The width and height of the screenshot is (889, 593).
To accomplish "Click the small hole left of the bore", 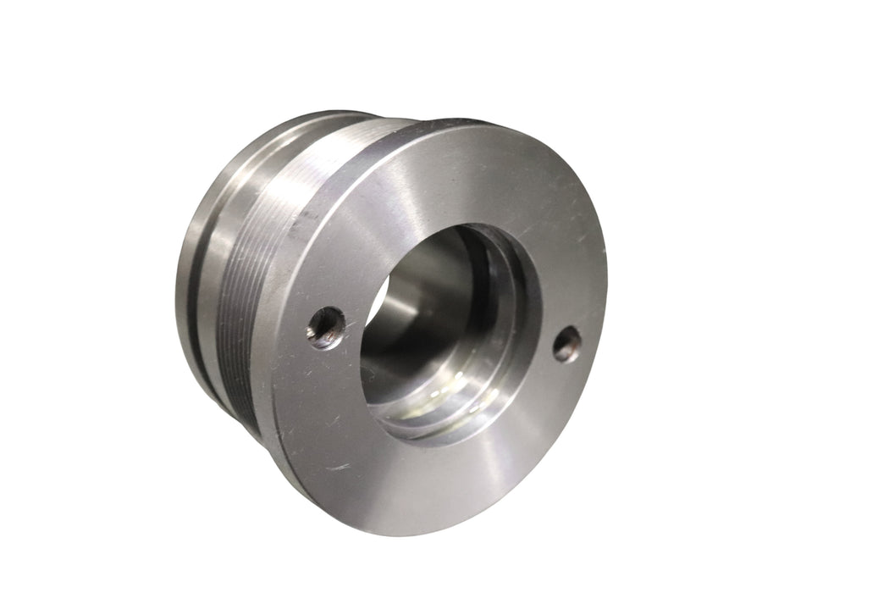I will click(x=326, y=326).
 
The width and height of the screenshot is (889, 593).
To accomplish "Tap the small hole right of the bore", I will click(x=566, y=344).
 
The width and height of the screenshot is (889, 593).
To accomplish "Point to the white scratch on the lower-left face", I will click(x=339, y=467).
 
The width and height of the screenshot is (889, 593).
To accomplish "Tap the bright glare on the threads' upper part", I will click(x=330, y=152).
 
